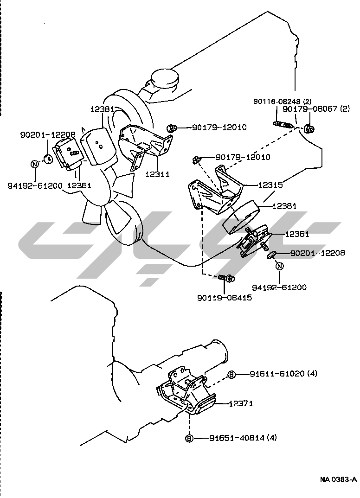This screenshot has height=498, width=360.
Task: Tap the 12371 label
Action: click(x=240, y=404)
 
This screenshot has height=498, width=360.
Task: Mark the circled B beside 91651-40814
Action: click(x=189, y=438)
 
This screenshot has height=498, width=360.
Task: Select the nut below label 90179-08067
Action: click(x=309, y=128)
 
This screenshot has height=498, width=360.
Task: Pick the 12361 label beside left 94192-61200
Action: click(x=79, y=185)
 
